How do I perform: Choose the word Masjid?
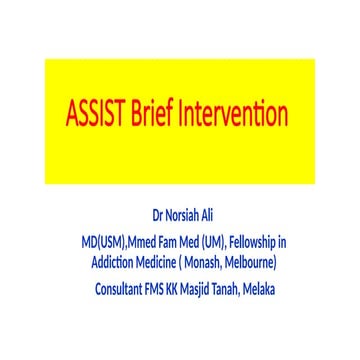tap(214, 288)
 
